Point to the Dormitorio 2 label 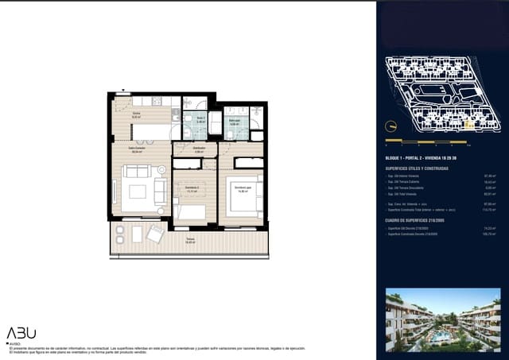[191, 190]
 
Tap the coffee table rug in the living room [138, 192]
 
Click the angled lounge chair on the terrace [155, 234]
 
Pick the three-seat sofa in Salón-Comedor [137, 171]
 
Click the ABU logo [21, 333]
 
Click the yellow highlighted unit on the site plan [470, 125]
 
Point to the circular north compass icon [390, 125]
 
